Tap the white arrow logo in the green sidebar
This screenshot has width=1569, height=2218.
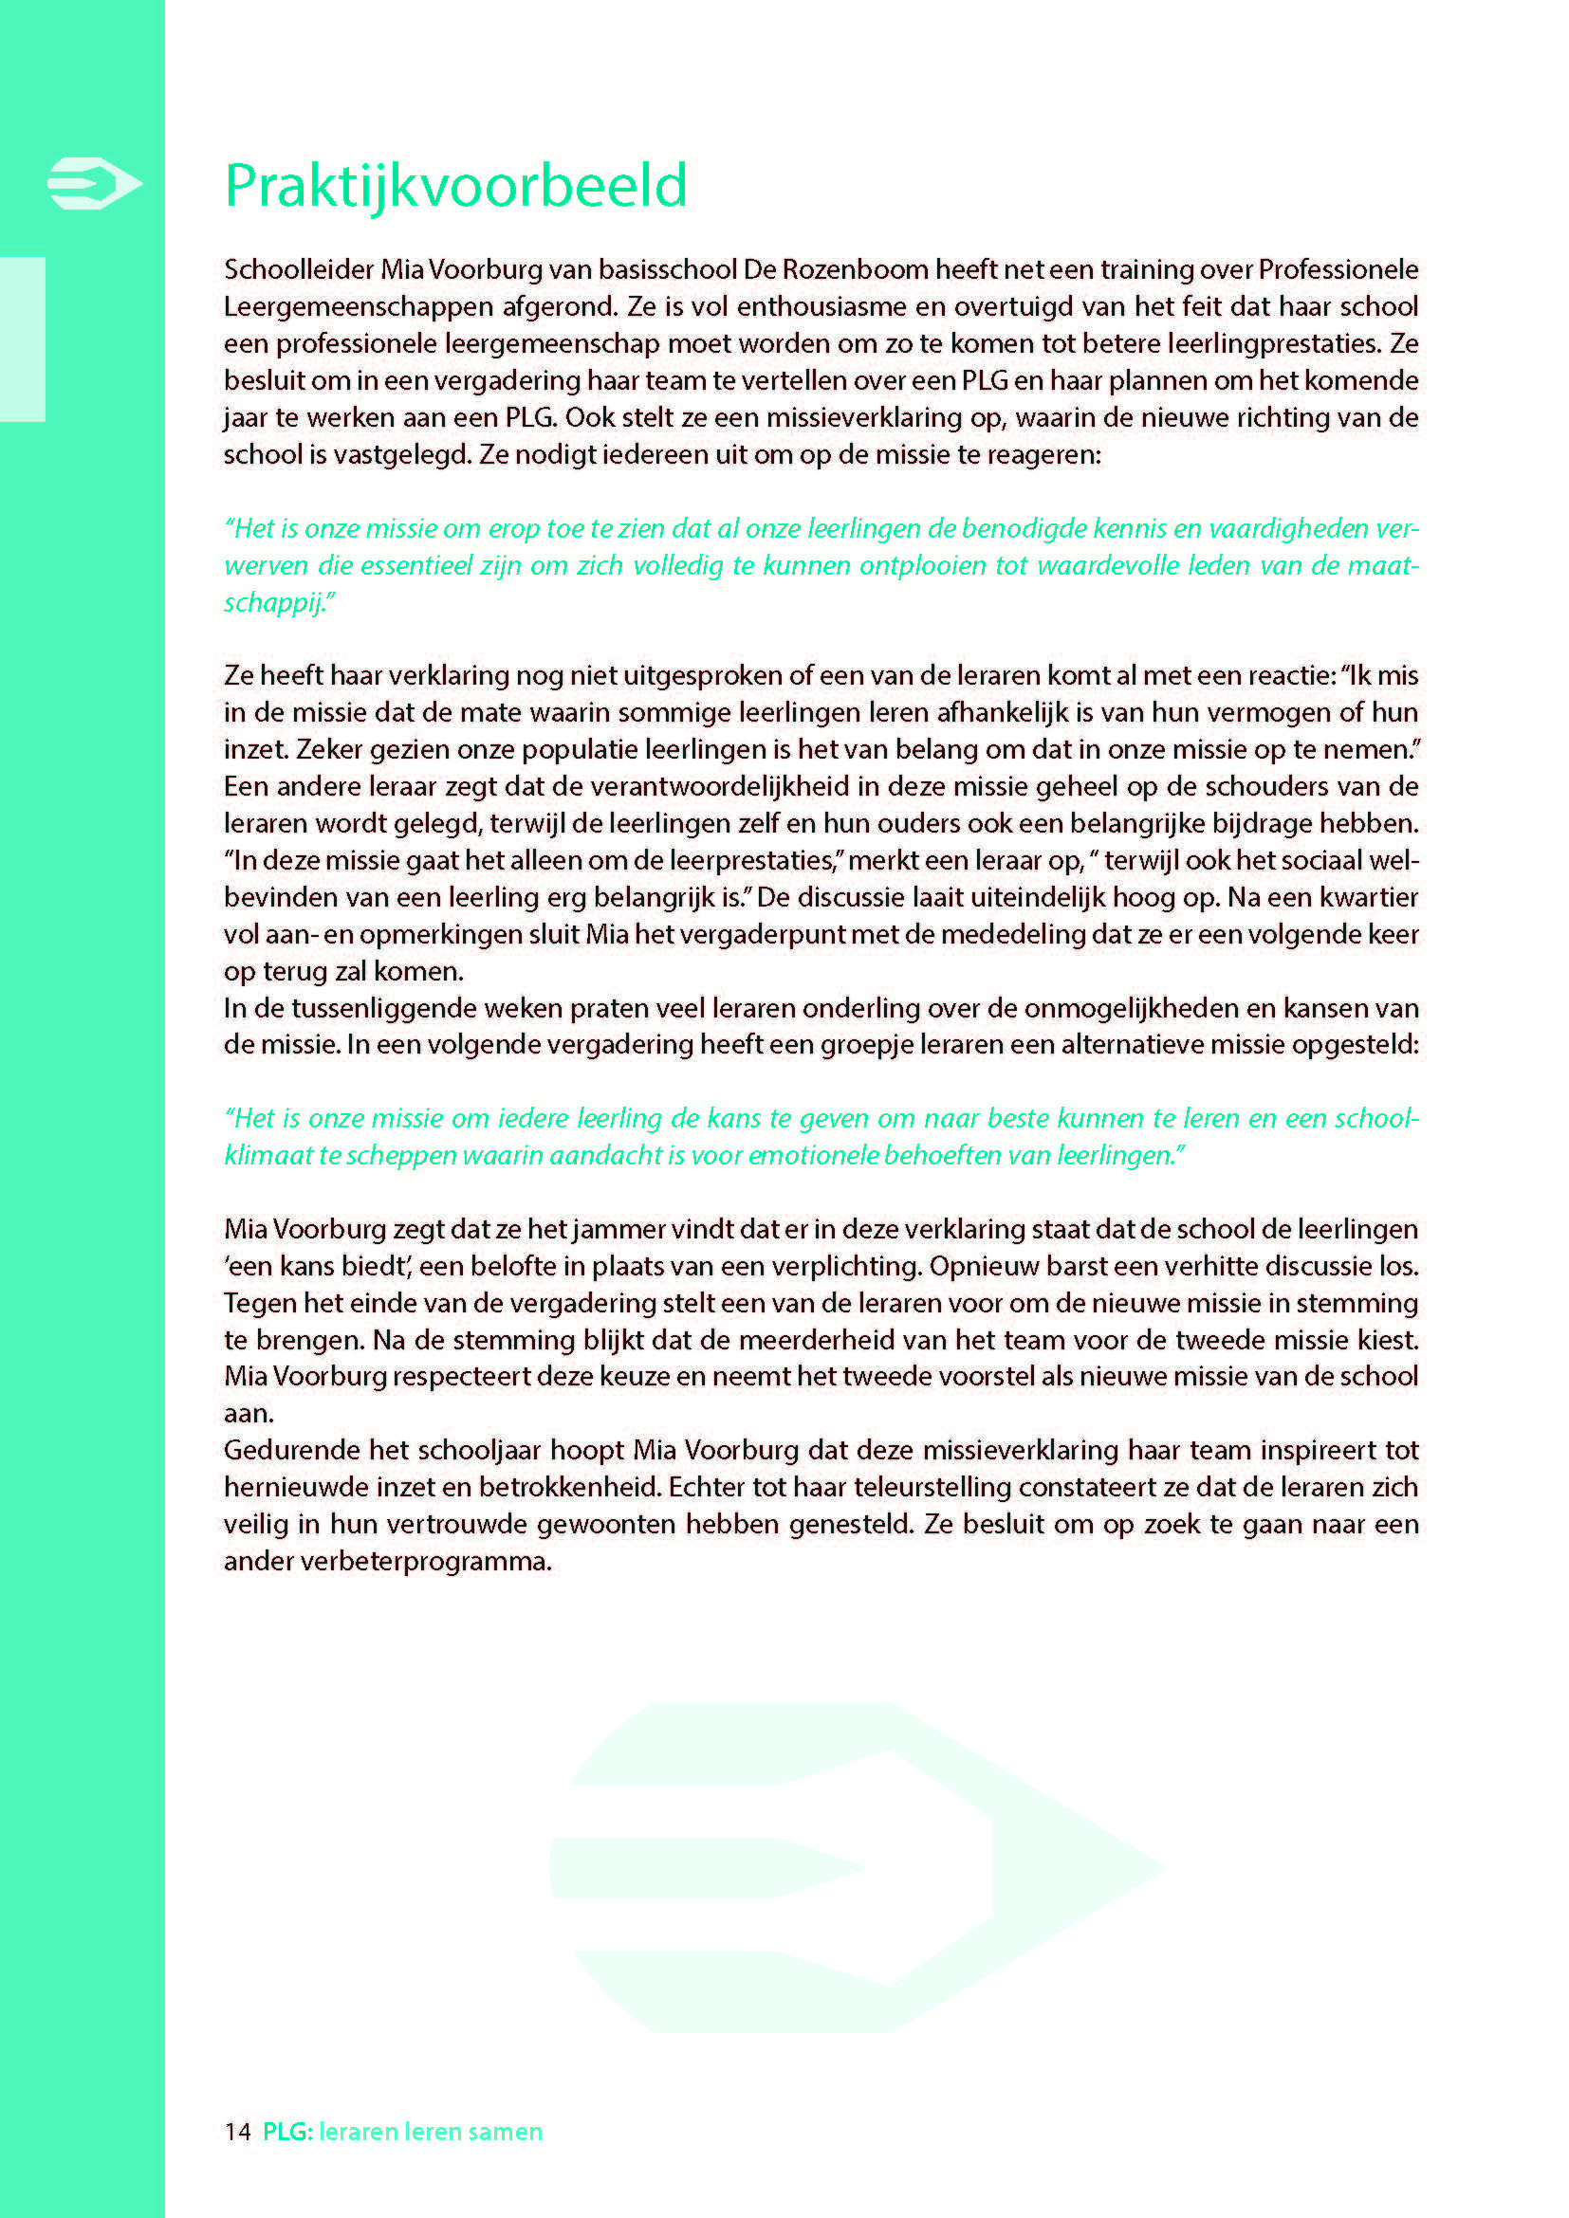click(x=95, y=183)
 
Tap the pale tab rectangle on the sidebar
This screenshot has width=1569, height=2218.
click(x=22, y=339)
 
